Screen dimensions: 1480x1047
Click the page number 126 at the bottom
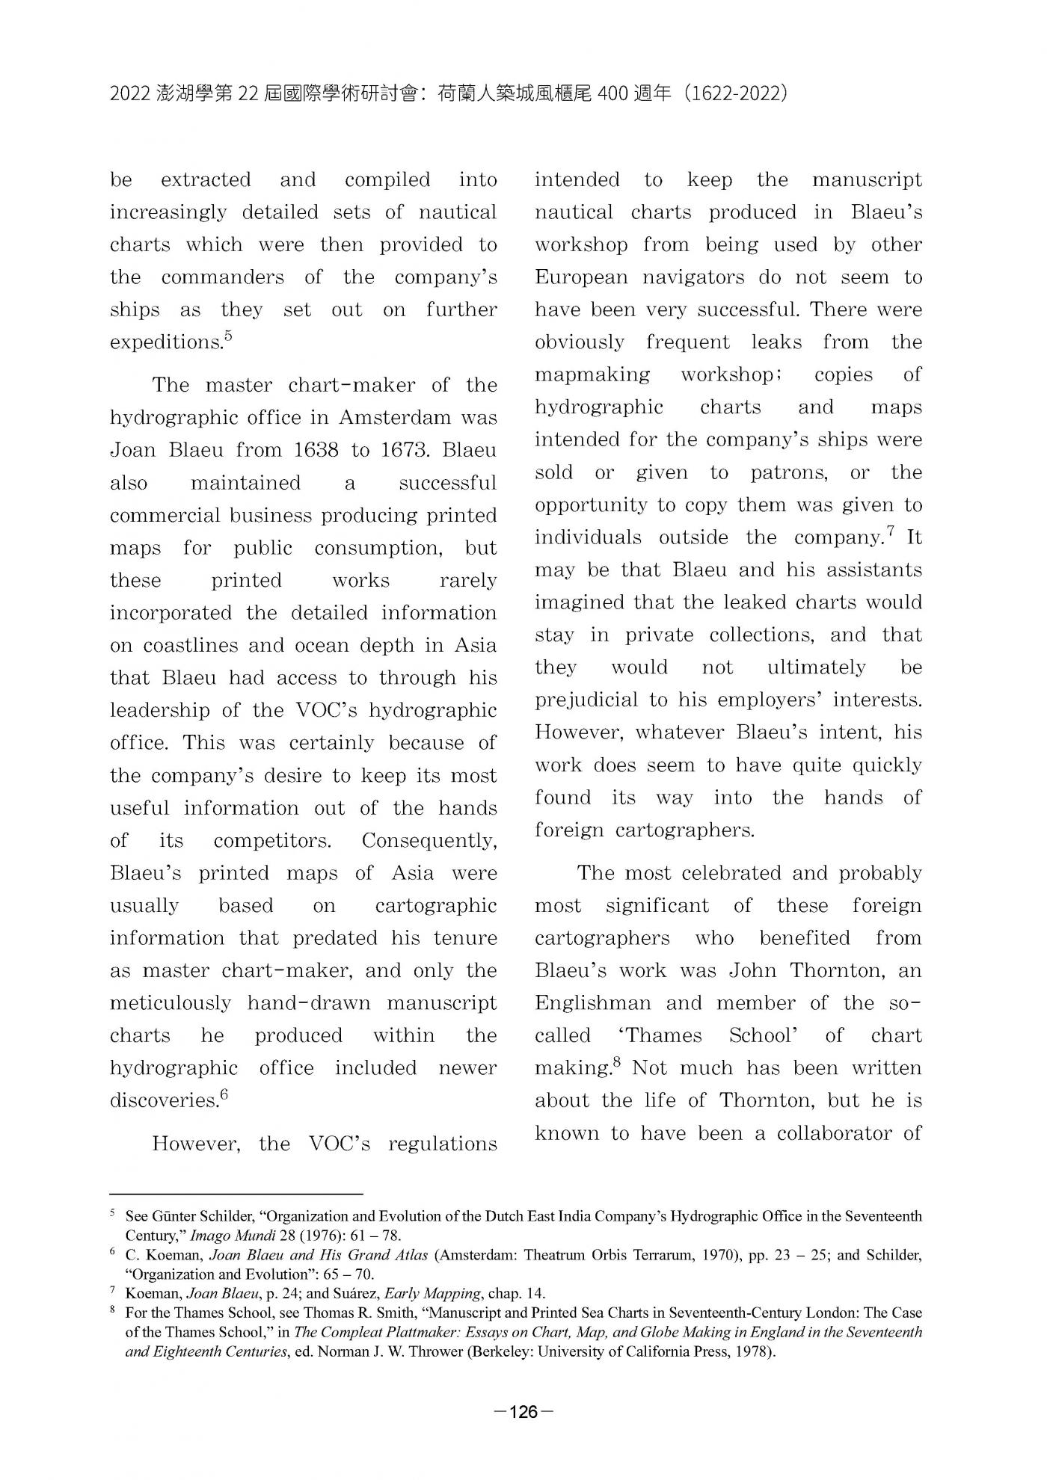click(523, 1412)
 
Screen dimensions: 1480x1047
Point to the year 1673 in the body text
click(405, 450)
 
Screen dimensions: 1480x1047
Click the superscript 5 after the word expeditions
click(228, 336)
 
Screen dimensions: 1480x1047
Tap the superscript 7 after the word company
click(890, 532)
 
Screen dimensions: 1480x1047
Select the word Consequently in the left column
click(429, 841)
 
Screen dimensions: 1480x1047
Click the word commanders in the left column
click(222, 277)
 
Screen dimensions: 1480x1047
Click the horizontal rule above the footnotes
click(236, 1194)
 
